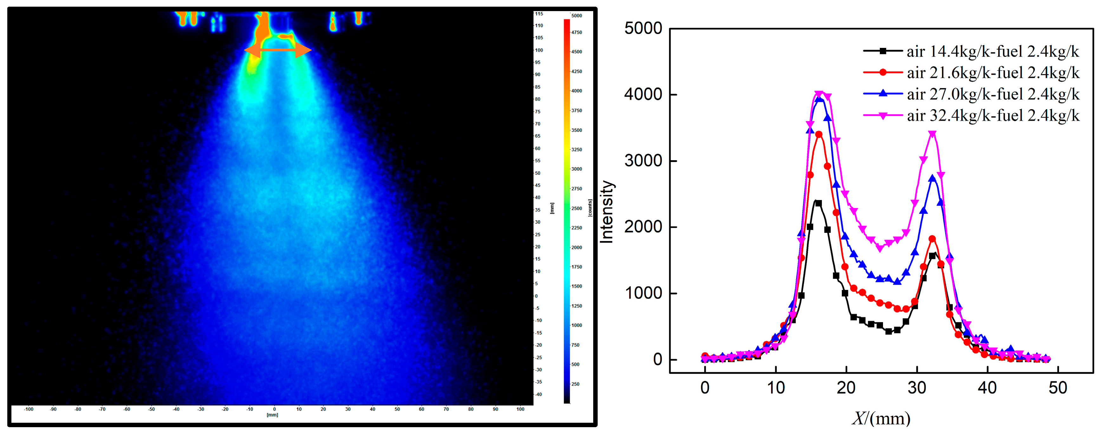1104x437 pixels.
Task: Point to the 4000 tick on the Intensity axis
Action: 643,95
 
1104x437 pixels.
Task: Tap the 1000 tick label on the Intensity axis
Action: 643,293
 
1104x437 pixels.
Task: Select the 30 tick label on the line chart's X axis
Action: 917,388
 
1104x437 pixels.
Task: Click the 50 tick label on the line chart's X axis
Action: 1058,388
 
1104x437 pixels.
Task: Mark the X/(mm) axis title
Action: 881,418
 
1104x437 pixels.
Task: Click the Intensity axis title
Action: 607,212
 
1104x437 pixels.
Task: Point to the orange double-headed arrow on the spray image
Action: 278,50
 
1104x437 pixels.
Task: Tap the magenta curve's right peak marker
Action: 932,134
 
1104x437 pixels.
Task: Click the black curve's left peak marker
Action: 818,203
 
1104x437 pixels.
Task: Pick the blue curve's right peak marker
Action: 932,179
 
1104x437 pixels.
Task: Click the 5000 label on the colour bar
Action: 576,16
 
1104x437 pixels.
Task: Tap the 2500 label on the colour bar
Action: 576,208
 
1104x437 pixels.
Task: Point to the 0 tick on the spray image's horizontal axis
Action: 274,409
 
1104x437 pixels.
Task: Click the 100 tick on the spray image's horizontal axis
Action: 520,409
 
